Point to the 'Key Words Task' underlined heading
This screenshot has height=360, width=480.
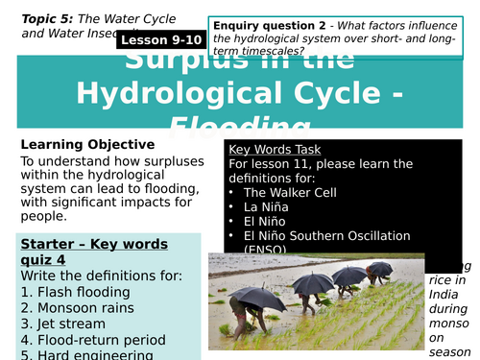(x=275, y=150)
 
